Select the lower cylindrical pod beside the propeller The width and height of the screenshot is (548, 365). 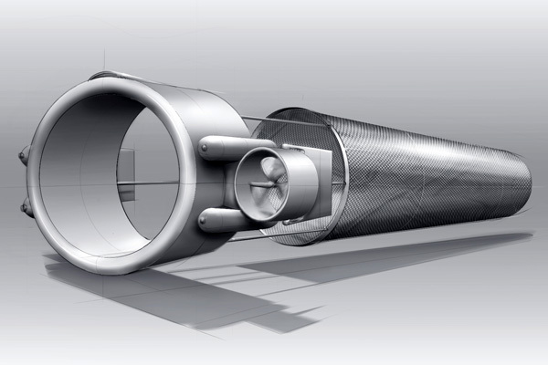pyautogui.click(x=224, y=219)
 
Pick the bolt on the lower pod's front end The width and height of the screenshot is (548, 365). pyautogui.click(x=202, y=219)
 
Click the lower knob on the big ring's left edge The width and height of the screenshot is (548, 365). pyautogui.click(x=26, y=208)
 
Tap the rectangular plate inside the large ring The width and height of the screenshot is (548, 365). pyautogui.click(x=127, y=176)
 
